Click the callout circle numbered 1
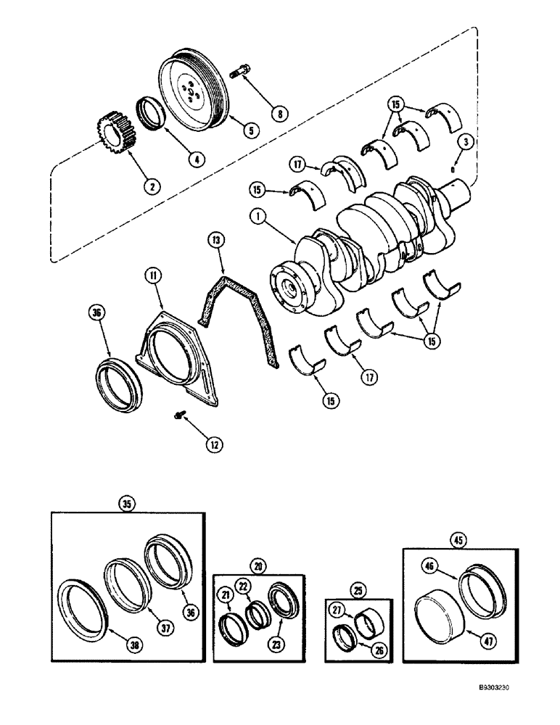click(255, 216)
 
